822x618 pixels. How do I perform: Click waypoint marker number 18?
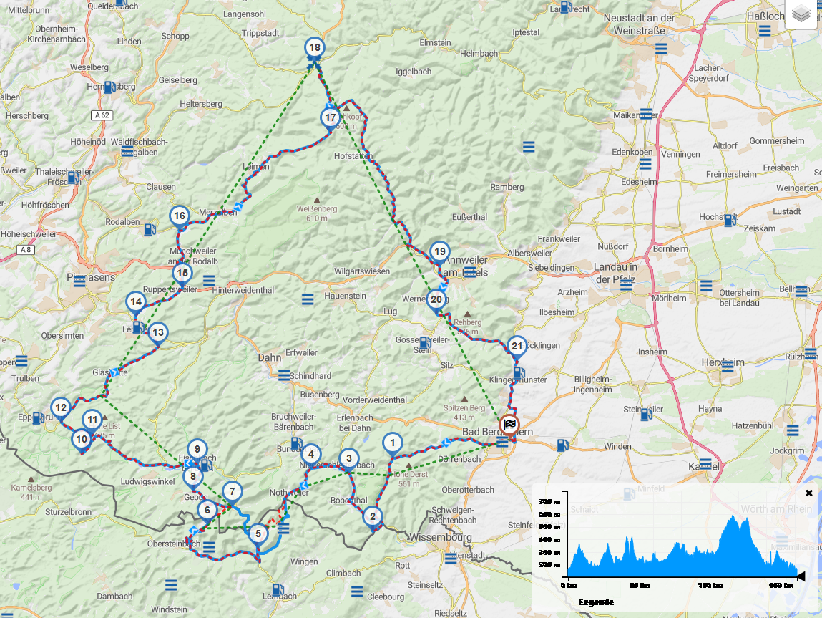click(313, 48)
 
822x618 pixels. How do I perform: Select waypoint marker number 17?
click(330, 117)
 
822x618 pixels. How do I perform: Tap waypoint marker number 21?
click(518, 346)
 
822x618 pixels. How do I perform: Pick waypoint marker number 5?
click(258, 533)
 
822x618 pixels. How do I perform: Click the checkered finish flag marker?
click(509, 423)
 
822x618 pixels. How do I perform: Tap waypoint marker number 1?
click(392, 443)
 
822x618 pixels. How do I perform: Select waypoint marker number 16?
click(180, 216)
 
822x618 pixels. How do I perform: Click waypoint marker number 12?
click(61, 408)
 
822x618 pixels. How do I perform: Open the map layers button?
click(801, 14)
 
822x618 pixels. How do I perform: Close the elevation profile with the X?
click(809, 493)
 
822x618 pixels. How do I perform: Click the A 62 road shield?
click(102, 115)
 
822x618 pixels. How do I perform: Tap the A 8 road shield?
click(26, 249)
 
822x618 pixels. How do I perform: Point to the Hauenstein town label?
click(344, 296)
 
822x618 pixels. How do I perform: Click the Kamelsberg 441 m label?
click(31, 492)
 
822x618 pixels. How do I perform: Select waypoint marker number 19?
click(439, 251)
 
